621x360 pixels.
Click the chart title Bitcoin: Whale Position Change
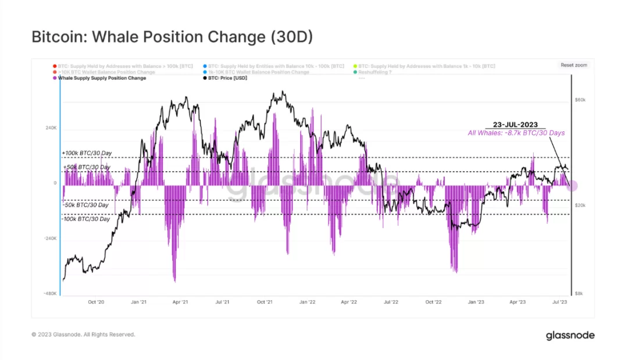(x=172, y=37)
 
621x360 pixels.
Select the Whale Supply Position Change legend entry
(x=102, y=78)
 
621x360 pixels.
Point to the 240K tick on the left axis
(x=51, y=128)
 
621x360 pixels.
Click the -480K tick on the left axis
(x=51, y=294)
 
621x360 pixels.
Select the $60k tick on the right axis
(x=580, y=100)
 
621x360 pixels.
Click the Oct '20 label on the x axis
(x=96, y=302)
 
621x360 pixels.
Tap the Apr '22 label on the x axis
(x=348, y=302)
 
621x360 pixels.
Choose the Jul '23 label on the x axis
(x=560, y=302)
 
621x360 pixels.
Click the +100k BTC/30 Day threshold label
(x=87, y=153)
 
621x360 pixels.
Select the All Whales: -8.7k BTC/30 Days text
(x=516, y=133)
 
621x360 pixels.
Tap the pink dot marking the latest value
(x=572, y=186)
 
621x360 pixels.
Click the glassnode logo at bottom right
(x=570, y=336)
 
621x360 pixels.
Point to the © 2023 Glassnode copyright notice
(x=83, y=335)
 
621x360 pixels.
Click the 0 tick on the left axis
(x=55, y=183)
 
